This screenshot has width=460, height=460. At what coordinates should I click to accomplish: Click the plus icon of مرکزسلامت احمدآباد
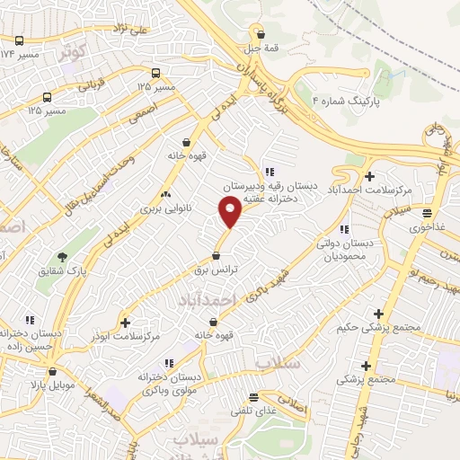(x=369, y=176)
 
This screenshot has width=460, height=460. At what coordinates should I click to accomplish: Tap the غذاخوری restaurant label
(x=428, y=228)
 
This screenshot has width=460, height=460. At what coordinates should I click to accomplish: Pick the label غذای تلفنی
(x=253, y=411)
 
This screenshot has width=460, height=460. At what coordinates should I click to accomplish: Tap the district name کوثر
(x=74, y=51)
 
